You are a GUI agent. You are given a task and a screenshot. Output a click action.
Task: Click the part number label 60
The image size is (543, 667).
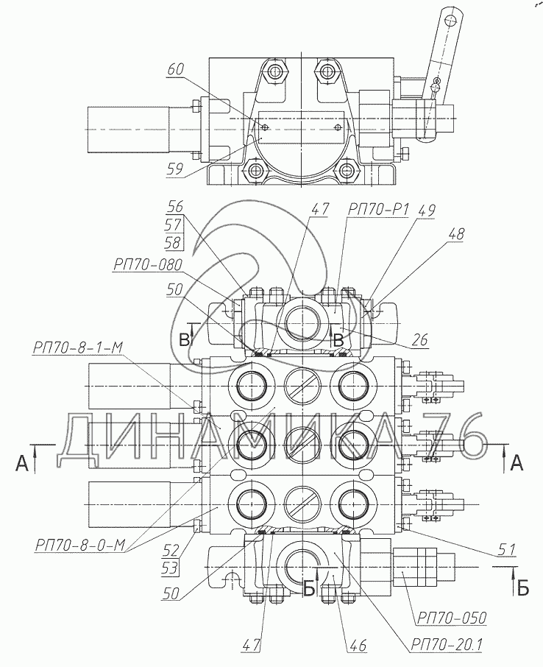176,70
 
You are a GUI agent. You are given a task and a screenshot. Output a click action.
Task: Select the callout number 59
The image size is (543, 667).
175,170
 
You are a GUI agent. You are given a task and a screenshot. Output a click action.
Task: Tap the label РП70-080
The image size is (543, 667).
148,265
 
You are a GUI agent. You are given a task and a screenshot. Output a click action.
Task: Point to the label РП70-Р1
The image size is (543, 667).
378,209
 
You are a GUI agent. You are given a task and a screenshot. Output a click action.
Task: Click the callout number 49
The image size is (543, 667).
427,209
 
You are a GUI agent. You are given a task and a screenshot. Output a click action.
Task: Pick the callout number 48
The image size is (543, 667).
456,233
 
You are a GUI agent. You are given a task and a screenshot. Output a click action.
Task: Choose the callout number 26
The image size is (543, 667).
419,339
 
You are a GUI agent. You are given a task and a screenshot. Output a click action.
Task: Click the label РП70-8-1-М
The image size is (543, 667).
77,347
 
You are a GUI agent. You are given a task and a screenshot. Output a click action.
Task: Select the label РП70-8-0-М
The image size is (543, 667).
80,545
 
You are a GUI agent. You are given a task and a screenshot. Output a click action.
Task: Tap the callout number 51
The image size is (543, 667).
507,550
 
